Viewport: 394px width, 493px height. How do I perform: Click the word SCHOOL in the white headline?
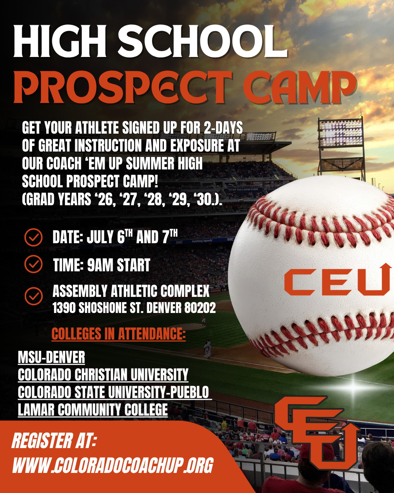pos(202,42)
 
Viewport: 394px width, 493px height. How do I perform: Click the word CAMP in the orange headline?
pos(300,87)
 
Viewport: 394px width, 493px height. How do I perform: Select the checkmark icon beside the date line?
pos(34,237)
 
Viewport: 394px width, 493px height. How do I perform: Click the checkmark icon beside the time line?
pos(34,264)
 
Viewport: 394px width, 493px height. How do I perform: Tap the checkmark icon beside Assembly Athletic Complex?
pos(34,296)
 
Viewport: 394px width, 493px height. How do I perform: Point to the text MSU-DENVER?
pos(51,357)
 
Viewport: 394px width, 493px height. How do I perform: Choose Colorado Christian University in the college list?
pos(103,375)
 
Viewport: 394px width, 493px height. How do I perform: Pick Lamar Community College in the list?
pos(93,410)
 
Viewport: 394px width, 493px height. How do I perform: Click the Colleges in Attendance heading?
pos(118,334)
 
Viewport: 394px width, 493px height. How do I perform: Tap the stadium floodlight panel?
pos(341,133)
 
